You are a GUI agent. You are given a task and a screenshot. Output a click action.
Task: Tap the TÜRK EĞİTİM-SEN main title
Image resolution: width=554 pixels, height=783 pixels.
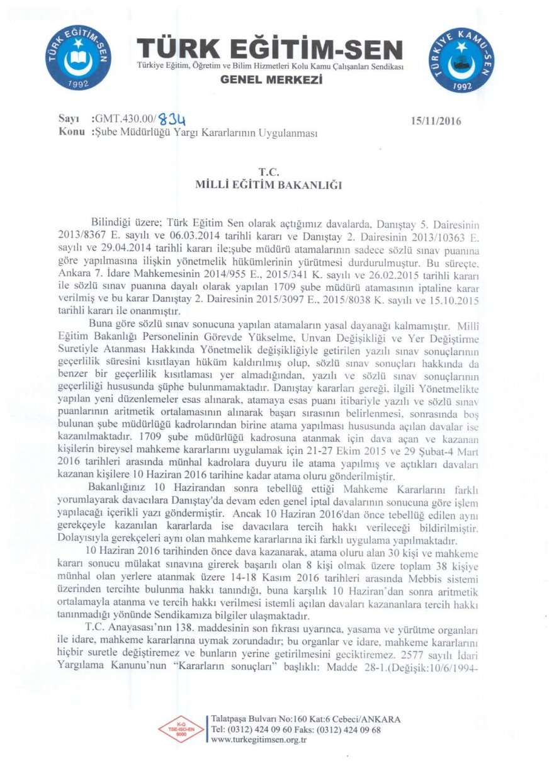(269, 50)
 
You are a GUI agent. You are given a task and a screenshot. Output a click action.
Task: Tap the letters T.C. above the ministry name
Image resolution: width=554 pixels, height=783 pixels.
(268, 171)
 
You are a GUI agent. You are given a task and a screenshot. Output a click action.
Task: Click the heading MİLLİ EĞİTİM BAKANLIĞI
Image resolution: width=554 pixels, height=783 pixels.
(269, 184)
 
